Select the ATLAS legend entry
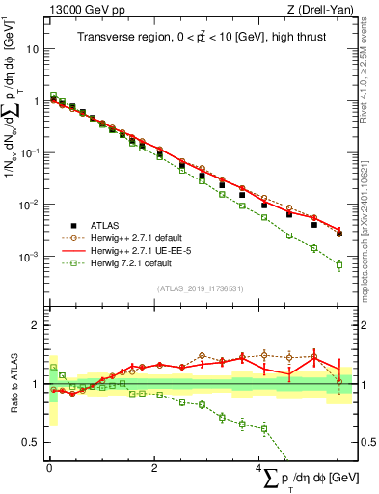(x=108, y=222)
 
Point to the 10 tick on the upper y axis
(x=35, y=48)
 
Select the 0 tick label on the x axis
(x=49, y=467)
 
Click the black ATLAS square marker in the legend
(x=73, y=222)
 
